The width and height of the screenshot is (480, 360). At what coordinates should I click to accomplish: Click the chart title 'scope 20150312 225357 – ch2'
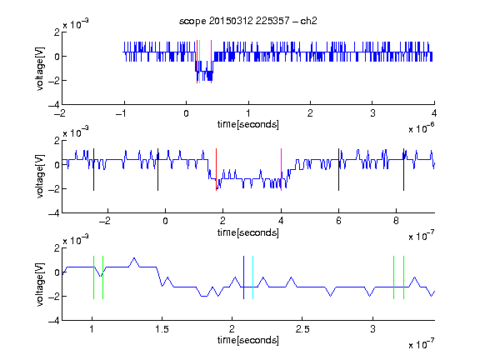click(x=248, y=21)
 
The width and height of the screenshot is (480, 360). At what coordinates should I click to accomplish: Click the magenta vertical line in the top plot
click(x=211, y=62)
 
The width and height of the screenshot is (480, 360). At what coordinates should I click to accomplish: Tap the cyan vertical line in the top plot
click(x=199, y=62)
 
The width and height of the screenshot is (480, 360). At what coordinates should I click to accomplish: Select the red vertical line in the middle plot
click(x=216, y=170)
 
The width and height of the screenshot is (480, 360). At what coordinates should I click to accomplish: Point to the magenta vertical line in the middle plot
click(x=282, y=170)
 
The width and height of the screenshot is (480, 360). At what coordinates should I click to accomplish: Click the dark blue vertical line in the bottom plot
click(x=243, y=277)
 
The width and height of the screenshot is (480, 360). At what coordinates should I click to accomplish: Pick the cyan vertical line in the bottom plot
click(x=252, y=277)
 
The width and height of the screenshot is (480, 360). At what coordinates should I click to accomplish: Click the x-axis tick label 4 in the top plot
click(x=434, y=113)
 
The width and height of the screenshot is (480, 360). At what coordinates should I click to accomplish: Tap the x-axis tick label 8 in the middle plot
click(x=396, y=221)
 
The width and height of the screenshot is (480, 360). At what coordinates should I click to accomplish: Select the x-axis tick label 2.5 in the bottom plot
click(x=302, y=329)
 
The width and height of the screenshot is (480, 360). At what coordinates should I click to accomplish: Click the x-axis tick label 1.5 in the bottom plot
click(x=162, y=329)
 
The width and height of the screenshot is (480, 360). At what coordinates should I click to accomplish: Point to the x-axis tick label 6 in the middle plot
click(x=338, y=221)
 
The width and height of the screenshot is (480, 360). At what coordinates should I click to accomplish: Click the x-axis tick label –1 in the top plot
click(x=122, y=113)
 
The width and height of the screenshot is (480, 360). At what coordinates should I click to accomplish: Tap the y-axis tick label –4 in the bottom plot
click(x=54, y=321)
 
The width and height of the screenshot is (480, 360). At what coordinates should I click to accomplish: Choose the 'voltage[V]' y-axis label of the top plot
click(x=40, y=68)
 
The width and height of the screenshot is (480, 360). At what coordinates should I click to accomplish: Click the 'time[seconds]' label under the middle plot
click(x=248, y=232)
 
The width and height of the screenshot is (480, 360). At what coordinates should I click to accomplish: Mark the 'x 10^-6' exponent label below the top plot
click(x=422, y=128)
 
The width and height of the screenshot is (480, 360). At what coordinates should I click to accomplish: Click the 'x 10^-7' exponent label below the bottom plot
click(x=422, y=344)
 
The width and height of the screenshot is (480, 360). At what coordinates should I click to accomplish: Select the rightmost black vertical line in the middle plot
click(x=403, y=170)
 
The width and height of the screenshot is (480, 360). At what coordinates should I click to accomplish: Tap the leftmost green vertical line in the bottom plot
click(x=93, y=277)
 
